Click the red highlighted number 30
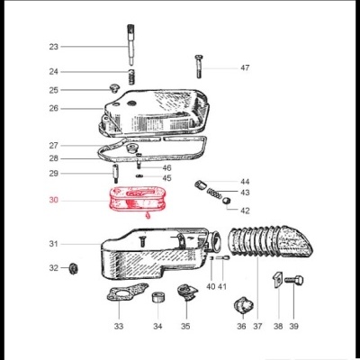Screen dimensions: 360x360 (x=53, y=201)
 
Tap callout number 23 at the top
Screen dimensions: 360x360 (x=53, y=46)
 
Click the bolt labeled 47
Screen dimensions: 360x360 (x=197, y=67)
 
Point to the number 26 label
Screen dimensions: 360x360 (x=53, y=108)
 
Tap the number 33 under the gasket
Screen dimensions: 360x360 (x=119, y=326)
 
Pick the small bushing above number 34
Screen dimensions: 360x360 (x=159, y=298)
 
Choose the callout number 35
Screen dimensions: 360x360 (x=185, y=326)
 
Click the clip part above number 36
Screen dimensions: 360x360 (x=239, y=307)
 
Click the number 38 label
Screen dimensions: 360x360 (x=277, y=326)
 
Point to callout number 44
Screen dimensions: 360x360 (x=245, y=181)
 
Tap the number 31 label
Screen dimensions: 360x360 (x=53, y=244)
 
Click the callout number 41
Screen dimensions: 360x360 (x=222, y=286)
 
